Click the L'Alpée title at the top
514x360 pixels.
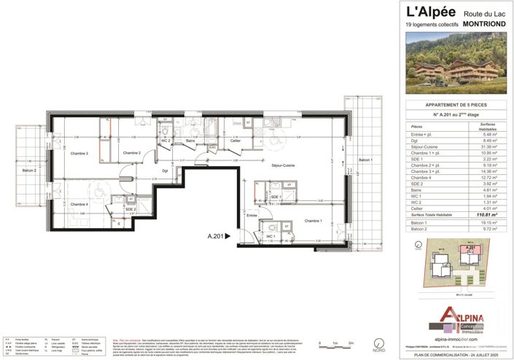(430, 12)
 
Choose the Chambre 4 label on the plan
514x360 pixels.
(79, 204)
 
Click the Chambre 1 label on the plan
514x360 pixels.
(314, 221)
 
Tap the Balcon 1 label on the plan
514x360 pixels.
(365, 160)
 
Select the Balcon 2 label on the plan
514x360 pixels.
(29, 170)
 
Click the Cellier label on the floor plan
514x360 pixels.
(235, 141)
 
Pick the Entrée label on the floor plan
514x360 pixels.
(252, 216)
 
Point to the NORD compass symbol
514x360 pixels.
(377, 343)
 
